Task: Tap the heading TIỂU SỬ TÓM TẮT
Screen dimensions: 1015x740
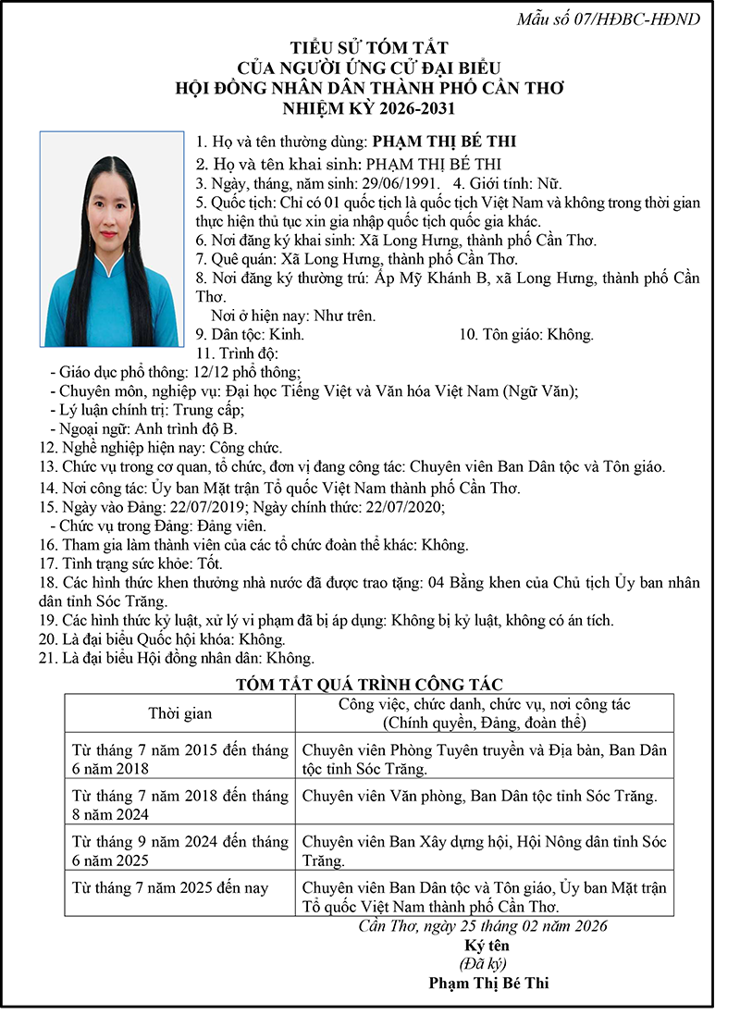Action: click(370, 48)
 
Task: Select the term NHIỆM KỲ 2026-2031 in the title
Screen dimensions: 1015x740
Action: click(370, 109)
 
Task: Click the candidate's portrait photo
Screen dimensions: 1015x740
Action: click(112, 240)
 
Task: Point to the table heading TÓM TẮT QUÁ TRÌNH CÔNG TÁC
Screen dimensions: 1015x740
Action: click(369, 685)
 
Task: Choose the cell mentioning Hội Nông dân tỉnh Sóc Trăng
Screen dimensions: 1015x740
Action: click(484, 851)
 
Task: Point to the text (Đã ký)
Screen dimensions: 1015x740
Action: click(487, 964)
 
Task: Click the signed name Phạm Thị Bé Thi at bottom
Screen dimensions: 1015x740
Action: click(487, 984)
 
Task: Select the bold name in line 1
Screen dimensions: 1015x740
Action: click(443, 142)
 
